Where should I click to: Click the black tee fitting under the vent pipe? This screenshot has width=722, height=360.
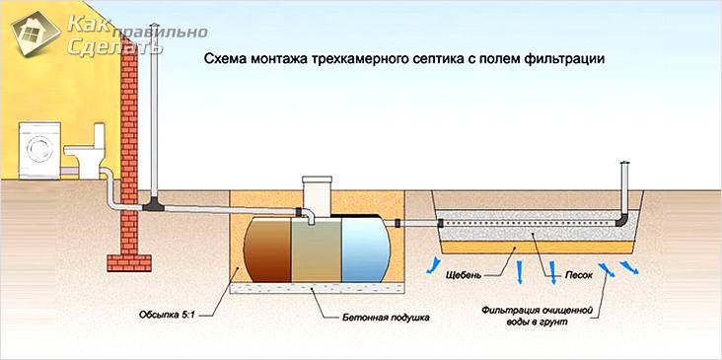coord(154,205)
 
